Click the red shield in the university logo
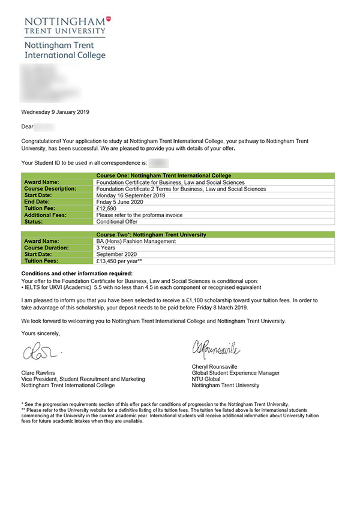pos(108,20)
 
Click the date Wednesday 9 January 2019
pos(55,112)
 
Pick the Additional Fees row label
pos(45,215)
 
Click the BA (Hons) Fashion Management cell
pos(136,242)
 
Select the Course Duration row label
pos(47,248)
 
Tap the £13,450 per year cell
pos(119,261)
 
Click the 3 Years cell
pos(105,248)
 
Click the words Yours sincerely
pos(40,333)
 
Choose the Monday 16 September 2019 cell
pos(130,195)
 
